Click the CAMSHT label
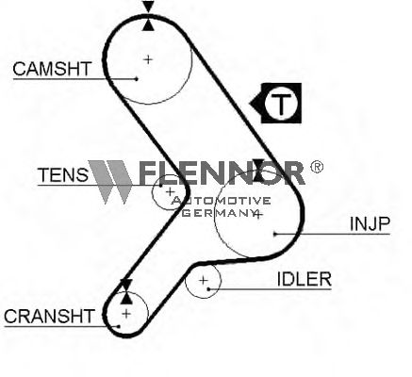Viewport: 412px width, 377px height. [x=52, y=69]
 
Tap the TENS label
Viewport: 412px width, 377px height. [x=63, y=174]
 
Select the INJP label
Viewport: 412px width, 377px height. [x=370, y=223]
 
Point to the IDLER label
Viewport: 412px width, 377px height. [x=305, y=279]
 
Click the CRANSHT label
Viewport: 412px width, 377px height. [x=49, y=316]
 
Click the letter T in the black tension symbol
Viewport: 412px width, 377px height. [x=281, y=104]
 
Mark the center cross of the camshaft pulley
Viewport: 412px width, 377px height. [x=148, y=59]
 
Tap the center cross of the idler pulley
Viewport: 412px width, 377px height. [x=204, y=280]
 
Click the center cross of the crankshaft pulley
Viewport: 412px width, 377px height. [x=126, y=313]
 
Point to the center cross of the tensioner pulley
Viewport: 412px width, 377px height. [x=170, y=191]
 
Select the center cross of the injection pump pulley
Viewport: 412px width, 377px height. [x=257, y=215]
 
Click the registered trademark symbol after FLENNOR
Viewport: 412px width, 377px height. [x=317, y=167]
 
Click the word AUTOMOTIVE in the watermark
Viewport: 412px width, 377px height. [x=222, y=201]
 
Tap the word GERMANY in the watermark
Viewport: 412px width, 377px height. [x=220, y=213]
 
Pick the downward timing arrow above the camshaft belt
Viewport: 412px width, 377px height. [x=148, y=7]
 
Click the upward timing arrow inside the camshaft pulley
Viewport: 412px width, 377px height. [x=148, y=25]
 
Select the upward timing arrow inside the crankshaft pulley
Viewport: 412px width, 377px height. [x=126, y=298]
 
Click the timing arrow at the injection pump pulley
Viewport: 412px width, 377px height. [x=259, y=170]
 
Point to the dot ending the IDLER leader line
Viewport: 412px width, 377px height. [x=208, y=288]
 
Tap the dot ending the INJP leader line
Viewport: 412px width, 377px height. [x=274, y=234]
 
